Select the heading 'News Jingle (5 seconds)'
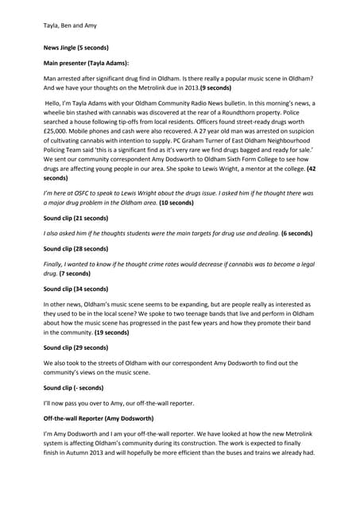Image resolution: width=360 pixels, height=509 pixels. (75, 48)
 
